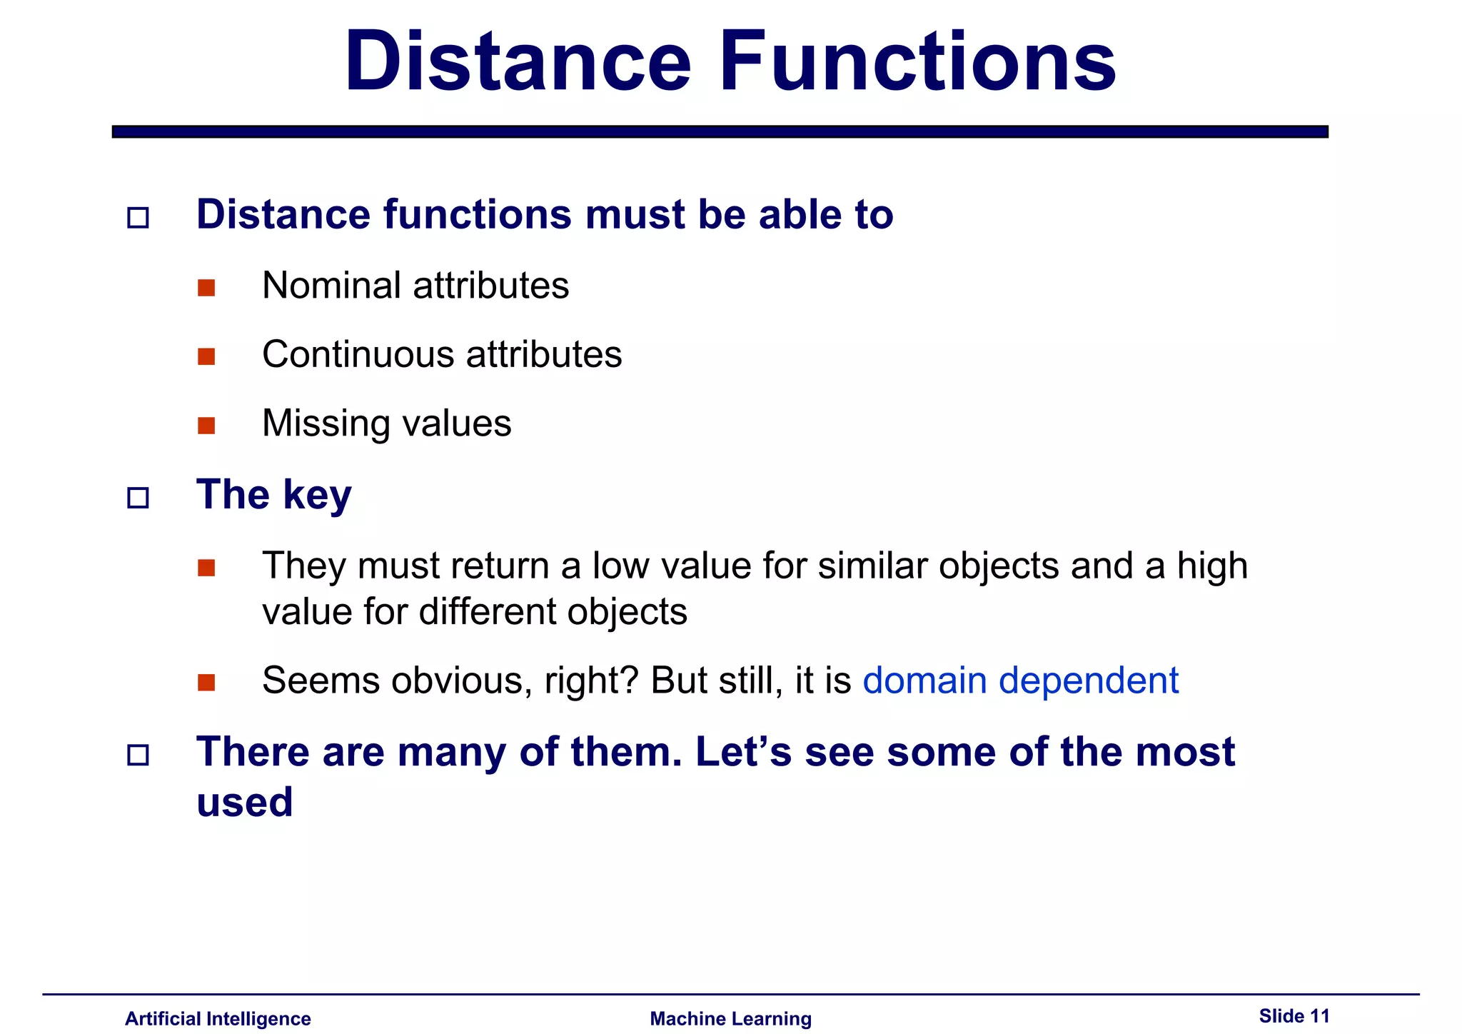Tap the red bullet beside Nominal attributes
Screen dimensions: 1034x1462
point(206,288)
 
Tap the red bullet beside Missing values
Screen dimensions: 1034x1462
point(206,426)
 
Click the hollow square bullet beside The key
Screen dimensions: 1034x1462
point(138,498)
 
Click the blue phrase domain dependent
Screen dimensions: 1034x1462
point(1020,681)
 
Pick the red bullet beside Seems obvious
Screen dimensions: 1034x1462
point(206,683)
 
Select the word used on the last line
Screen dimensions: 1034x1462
point(244,802)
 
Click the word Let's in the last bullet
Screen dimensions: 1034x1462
point(743,752)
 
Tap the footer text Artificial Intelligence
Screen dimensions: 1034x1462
point(218,1018)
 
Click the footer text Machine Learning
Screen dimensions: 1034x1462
point(730,1018)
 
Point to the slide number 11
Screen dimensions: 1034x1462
point(1320,1016)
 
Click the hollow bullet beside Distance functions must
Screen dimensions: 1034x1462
point(138,218)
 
